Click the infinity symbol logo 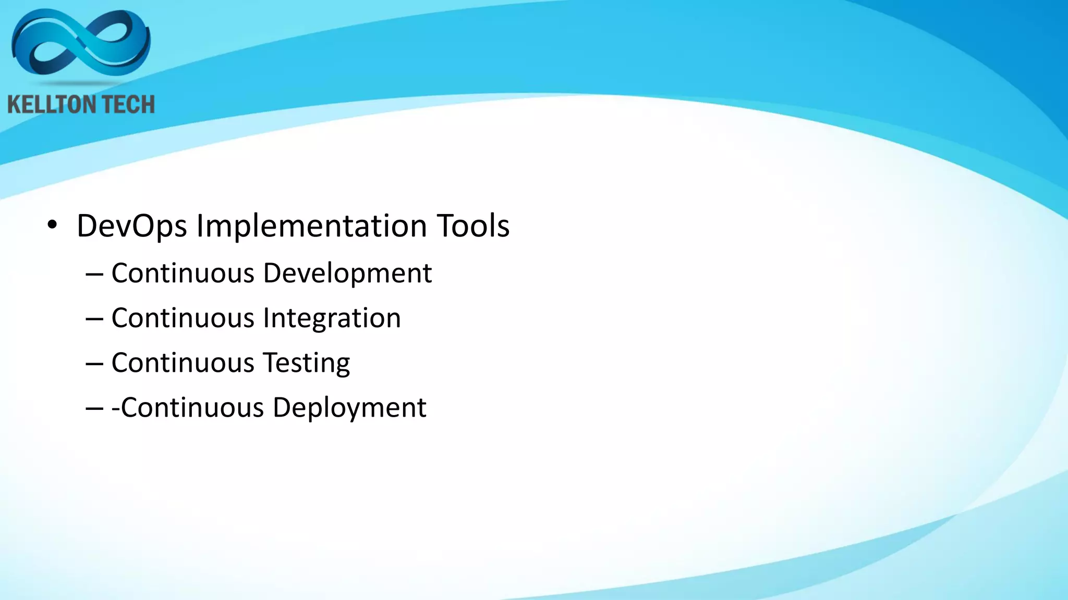[x=81, y=44]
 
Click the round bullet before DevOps [x=52, y=226]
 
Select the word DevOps [x=131, y=226]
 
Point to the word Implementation [x=311, y=226]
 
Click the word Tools [x=473, y=226]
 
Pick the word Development [x=347, y=273]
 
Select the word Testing [x=306, y=363]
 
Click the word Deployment [x=349, y=408]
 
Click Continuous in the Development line [x=183, y=273]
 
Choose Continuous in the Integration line [x=183, y=318]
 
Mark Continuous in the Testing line [x=183, y=363]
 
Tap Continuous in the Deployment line [x=192, y=408]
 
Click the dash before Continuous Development [x=94, y=274]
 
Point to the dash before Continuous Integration [x=94, y=319]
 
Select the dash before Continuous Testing [x=94, y=364]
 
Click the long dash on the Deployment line [x=94, y=409]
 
